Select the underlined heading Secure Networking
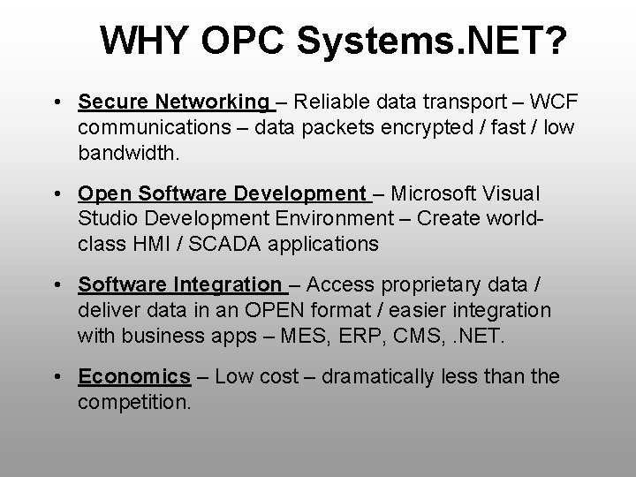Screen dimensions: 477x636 click(173, 103)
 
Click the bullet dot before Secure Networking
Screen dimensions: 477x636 click(56, 103)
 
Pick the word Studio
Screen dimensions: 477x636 click(104, 218)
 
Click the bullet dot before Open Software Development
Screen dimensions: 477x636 click(56, 193)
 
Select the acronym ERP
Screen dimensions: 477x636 click(360, 335)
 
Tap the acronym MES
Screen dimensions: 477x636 click(300, 335)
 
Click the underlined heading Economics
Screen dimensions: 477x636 click(134, 377)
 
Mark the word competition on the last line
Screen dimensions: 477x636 click(132, 402)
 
